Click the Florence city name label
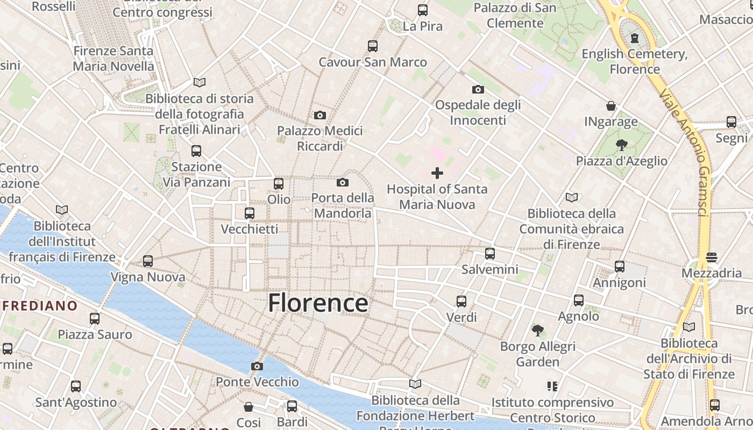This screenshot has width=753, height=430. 318,303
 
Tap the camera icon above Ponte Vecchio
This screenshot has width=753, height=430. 257,367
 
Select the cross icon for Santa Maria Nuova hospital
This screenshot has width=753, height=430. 437,173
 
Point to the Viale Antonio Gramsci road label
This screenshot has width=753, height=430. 690,154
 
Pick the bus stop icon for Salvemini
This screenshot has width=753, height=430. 489,254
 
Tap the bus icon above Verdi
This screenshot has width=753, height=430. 461,302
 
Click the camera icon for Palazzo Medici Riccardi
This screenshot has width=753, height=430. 320,115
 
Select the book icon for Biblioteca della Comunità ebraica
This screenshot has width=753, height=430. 571,198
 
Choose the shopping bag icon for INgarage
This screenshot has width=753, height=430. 611,106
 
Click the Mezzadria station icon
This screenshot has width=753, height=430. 712,257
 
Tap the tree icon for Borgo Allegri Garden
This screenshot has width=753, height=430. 537,331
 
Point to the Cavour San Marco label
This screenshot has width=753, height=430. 373,62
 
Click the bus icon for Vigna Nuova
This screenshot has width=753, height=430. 148,262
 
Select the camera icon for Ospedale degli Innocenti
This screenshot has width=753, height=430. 478,89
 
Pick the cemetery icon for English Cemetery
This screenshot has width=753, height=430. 635,38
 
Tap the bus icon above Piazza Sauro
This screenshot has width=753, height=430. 95,319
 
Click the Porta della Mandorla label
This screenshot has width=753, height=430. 343,205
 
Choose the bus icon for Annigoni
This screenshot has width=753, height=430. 620,267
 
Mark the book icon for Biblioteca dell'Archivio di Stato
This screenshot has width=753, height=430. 688,327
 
